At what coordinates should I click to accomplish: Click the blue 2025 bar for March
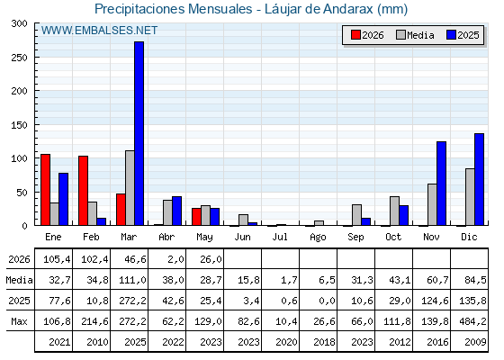pyautogui.click(x=139, y=133)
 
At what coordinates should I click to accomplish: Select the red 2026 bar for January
pyautogui.click(x=45, y=190)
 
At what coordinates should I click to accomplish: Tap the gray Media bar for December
pyautogui.click(x=470, y=197)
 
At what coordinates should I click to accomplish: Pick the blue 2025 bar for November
pyautogui.click(x=441, y=184)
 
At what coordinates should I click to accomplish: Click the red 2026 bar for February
pyautogui.click(x=83, y=191)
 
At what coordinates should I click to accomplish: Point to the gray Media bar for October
pyautogui.click(x=394, y=211)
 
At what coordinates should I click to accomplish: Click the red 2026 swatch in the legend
pyautogui.click(x=355, y=35)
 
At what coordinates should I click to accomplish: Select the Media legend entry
pyautogui.click(x=415, y=35)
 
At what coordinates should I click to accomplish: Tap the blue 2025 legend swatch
pyautogui.click(x=451, y=35)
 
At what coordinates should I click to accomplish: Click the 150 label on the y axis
pyautogui.click(x=19, y=125)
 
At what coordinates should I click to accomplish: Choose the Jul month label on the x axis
pyautogui.click(x=280, y=237)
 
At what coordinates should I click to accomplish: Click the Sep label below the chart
pyautogui.click(x=355, y=238)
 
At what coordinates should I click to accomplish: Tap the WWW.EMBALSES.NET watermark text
pyautogui.click(x=99, y=31)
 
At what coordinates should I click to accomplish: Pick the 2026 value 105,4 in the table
pyautogui.click(x=57, y=259)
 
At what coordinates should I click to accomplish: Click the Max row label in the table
pyautogui.click(x=19, y=321)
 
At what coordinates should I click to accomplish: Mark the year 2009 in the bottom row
pyautogui.click(x=475, y=342)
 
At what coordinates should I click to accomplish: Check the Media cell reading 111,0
pyautogui.click(x=132, y=280)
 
